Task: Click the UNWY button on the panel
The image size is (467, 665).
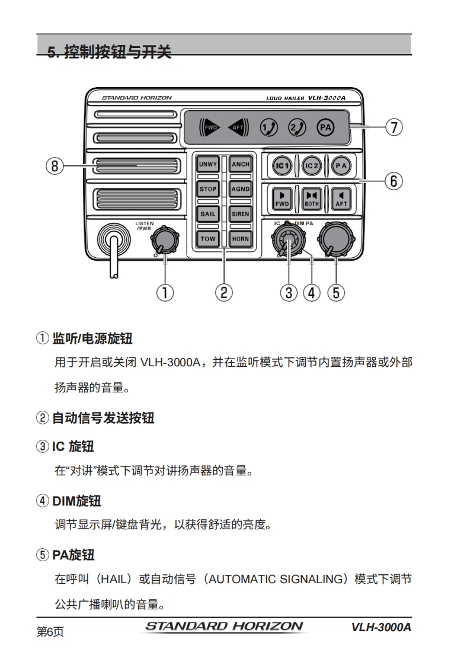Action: (208, 164)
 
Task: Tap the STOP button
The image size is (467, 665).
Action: (208, 189)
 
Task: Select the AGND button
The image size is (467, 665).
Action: (240, 189)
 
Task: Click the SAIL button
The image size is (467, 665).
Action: (208, 214)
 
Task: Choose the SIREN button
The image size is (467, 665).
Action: (240, 214)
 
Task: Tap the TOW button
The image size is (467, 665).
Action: (208, 239)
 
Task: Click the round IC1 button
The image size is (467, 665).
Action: (282, 166)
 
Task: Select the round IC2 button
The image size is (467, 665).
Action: (311, 166)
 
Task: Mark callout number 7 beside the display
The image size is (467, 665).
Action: (394, 127)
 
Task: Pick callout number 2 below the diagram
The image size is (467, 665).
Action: (223, 292)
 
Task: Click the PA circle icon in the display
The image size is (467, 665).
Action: (324, 127)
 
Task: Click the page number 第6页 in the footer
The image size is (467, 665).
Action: (50, 632)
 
